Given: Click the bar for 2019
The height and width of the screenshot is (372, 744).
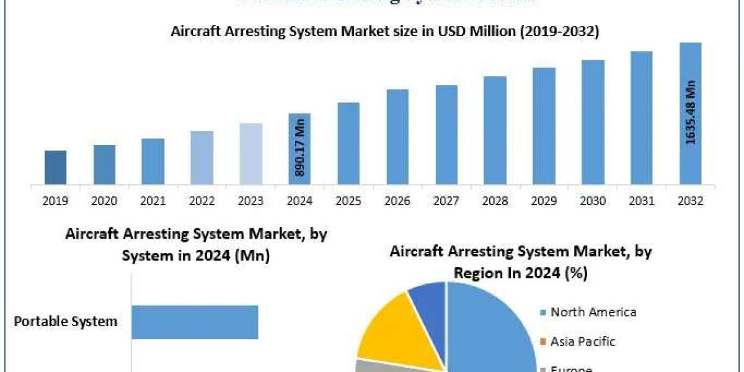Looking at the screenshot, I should (x=55, y=167).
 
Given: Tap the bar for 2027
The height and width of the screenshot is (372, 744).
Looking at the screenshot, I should (x=446, y=135).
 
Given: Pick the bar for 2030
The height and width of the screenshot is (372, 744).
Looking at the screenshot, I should (x=593, y=122).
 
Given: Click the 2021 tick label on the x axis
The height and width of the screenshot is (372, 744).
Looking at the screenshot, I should (x=153, y=201).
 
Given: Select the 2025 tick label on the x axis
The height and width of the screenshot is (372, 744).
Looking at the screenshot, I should (x=348, y=201).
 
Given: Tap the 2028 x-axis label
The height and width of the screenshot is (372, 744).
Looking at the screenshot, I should (x=495, y=201).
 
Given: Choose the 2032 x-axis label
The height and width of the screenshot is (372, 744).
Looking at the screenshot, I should (x=691, y=201).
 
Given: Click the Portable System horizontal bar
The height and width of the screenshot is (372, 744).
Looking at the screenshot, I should (x=195, y=322).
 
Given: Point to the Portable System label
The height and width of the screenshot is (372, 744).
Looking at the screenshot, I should (x=66, y=322).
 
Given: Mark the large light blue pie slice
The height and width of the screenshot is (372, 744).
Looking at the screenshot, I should (x=490, y=329).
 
